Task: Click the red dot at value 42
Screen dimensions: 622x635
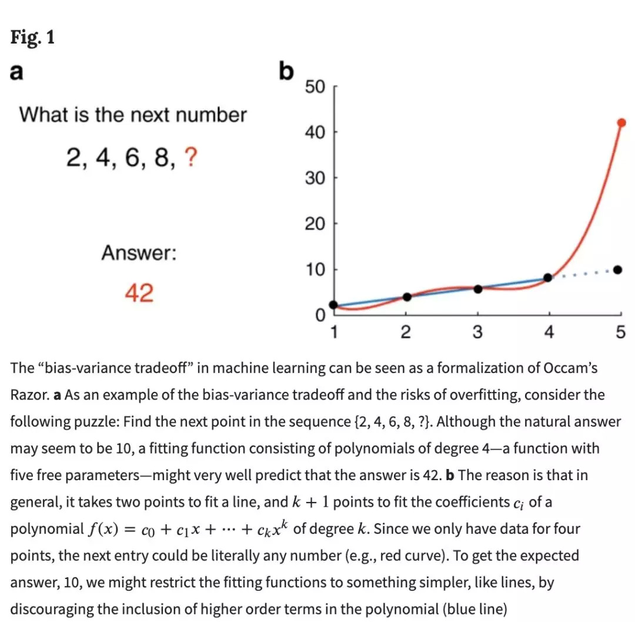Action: click(621, 122)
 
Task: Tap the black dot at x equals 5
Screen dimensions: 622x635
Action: click(617, 270)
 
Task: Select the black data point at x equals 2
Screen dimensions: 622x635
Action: click(407, 297)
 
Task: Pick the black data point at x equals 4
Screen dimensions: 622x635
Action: click(548, 277)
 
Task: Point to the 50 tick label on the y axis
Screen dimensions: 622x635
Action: click(315, 87)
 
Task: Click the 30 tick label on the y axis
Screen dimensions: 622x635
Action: click(315, 178)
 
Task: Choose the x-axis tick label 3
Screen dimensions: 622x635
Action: click(477, 332)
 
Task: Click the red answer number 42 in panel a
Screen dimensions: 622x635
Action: click(139, 292)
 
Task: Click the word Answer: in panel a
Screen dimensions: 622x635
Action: click(139, 254)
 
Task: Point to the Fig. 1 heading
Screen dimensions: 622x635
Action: click(32, 37)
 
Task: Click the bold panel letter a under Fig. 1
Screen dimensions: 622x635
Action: click(17, 72)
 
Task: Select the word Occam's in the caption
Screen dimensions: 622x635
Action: click(570, 368)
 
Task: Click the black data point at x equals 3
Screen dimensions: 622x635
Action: click(478, 289)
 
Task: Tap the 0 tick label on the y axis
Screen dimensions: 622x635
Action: click(320, 316)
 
